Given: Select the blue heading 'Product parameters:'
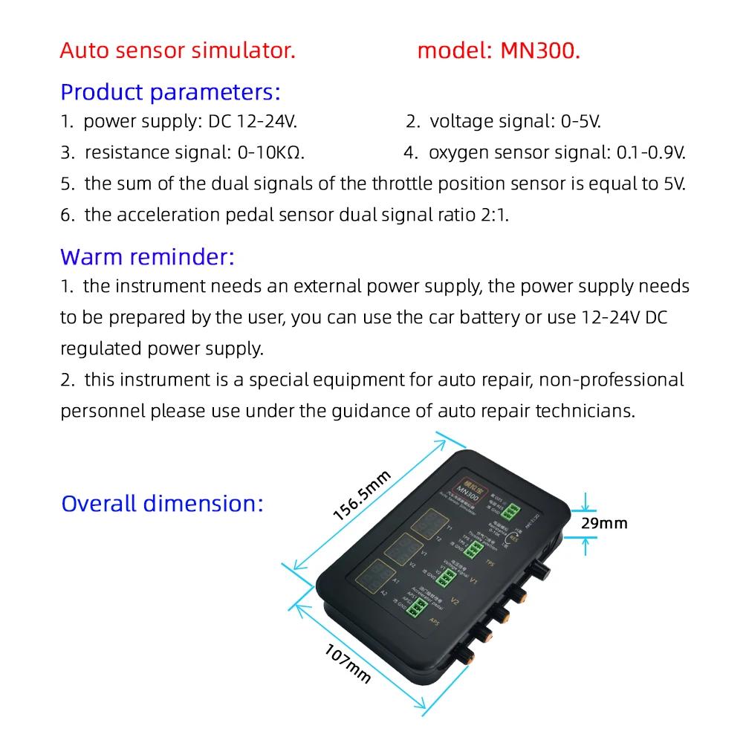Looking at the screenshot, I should pyautogui.click(x=170, y=93).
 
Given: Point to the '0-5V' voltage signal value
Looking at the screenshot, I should pyautogui.click(x=579, y=122).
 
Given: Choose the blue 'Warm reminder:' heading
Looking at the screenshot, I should pyautogui.click(x=147, y=257).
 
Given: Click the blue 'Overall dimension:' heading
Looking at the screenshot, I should pyautogui.click(x=162, y=503).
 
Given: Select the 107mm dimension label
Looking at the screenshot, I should pyautogui.click(x=348, y=663).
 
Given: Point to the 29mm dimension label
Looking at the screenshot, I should pyautogui.click(x=604, y=523).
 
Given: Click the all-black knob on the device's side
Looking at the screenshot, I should pyautogui.click(x=539, y=570).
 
